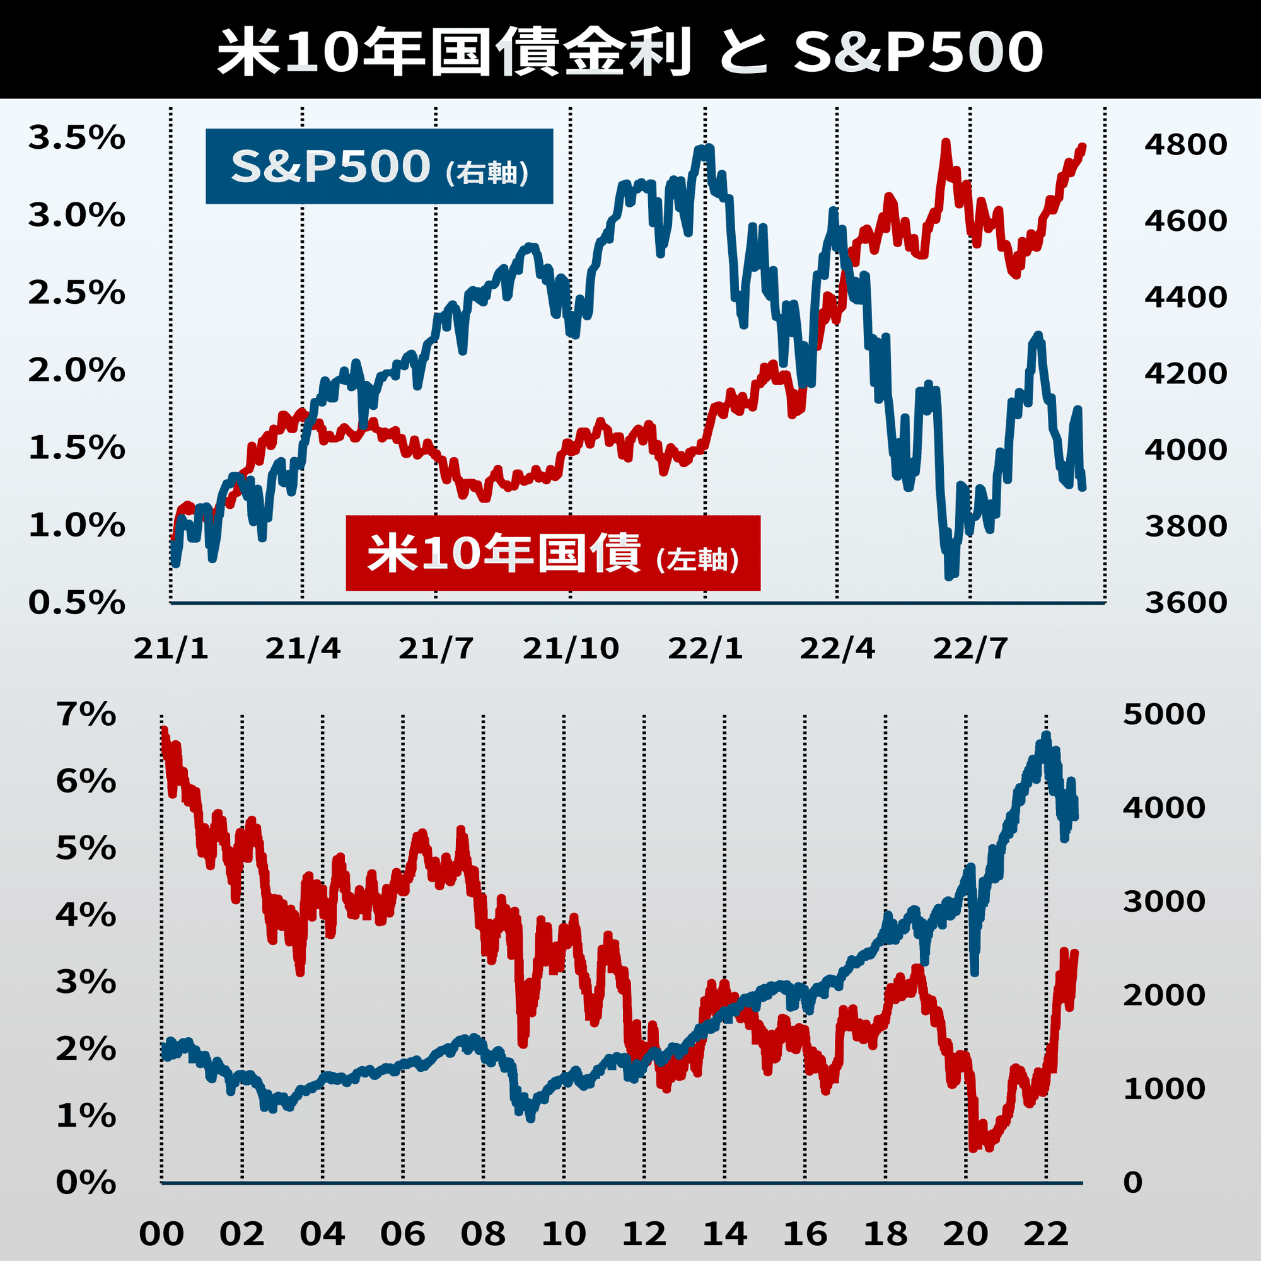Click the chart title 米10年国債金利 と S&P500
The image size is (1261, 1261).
coord(630,51)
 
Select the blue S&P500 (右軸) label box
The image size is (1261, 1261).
coord(379,166)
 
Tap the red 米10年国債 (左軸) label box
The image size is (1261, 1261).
coord(553,553)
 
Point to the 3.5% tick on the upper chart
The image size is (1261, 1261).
coord(76,138)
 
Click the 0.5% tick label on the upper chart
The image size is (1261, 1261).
coord(76,602)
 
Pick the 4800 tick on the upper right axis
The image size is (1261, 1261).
coord(1185,145)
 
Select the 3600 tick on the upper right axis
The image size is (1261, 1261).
coord(1185,602)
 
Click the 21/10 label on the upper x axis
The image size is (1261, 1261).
coord(571,648)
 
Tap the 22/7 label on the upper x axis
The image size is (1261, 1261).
coord(970,648)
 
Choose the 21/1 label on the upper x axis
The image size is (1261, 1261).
coord(171,648)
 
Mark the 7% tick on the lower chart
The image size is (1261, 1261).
coord(86,715)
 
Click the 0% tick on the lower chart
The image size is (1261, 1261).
coord(86,1183)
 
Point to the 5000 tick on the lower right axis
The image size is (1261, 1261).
coord(1164,714)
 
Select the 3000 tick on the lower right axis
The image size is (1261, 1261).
coord(1164,902)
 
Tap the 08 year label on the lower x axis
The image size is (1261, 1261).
coord(483,1235)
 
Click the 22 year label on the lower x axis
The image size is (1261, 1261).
coord(1046,1235)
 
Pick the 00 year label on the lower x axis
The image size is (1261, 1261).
coord(161,1235)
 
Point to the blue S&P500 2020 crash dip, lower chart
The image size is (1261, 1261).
coord(975,972)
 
